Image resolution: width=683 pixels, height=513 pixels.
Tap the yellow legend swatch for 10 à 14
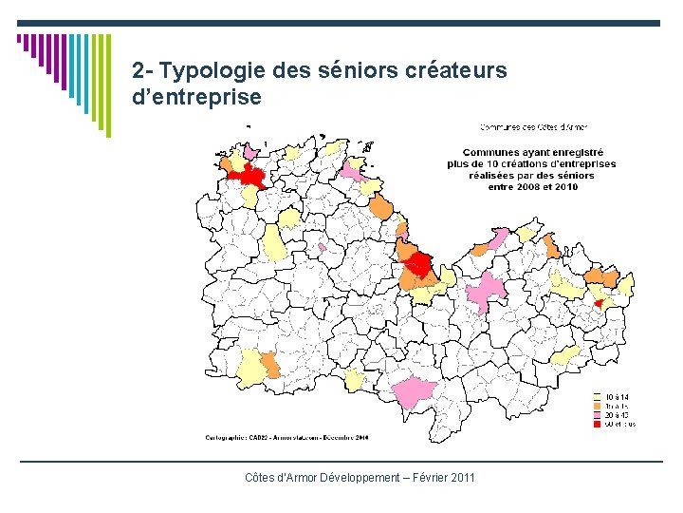pyautogui.click(x=597, y=397)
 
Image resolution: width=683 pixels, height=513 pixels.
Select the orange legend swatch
pyautogui.click(x=597, y=406)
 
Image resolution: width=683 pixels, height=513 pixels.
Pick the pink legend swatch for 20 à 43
pyautogui.click(x=597, y=415)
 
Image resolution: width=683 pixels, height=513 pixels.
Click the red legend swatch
pyautogui.click(x=597, y=424)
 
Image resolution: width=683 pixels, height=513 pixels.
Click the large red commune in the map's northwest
pyautogui.click(x=251, y=175)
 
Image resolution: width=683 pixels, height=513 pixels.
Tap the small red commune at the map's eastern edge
pyautogui.click(x=599, y=302)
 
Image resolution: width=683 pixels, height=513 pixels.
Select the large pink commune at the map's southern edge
pyautogui.click(x=415, y=390)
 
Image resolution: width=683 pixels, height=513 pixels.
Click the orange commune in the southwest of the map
pyautogui.click(x=269, y=365)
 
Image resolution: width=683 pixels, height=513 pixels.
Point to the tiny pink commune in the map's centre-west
pyautogui.click(x=323, y=247)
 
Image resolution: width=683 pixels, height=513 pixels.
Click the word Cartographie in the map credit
pyautogui.click(x=229, y=438)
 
